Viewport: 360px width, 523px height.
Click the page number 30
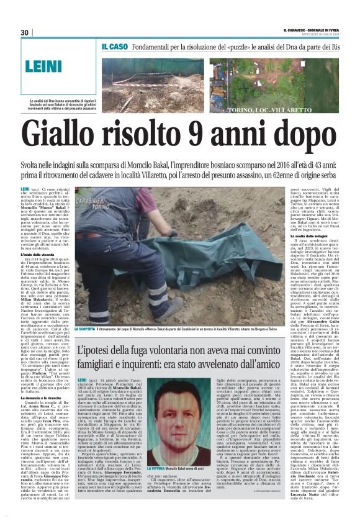tap(25, 32)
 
